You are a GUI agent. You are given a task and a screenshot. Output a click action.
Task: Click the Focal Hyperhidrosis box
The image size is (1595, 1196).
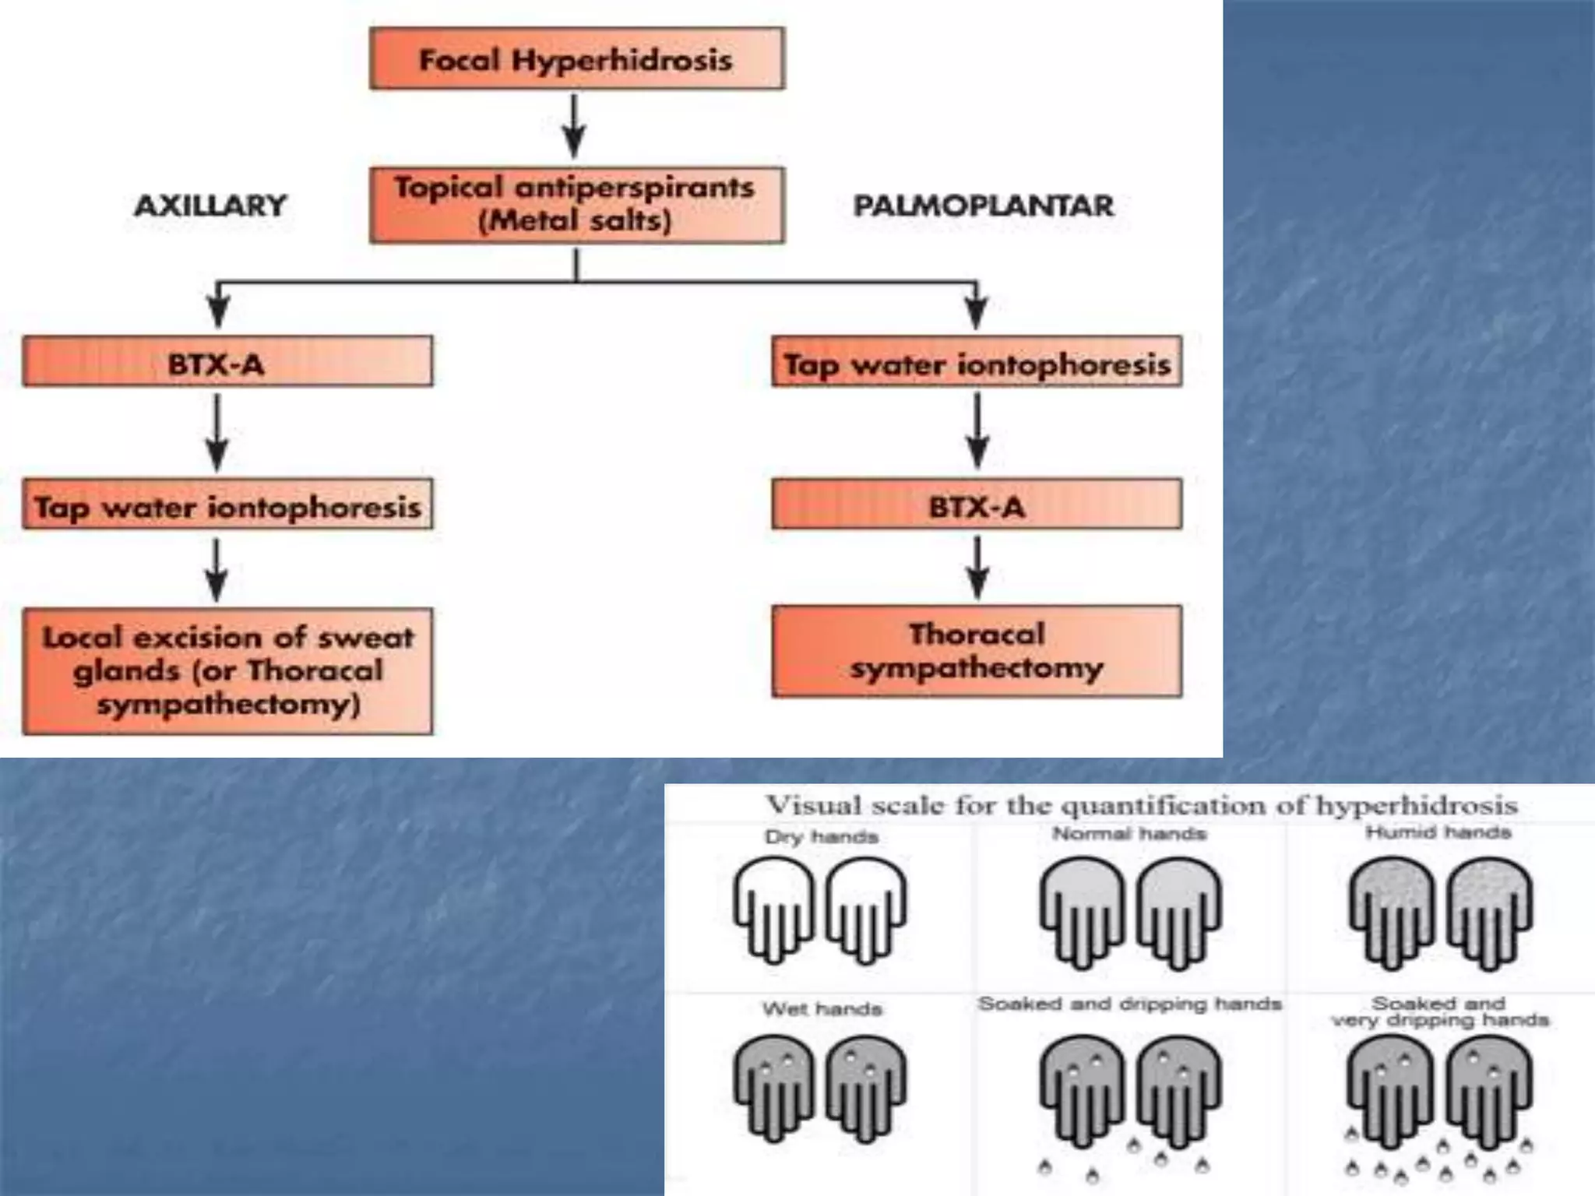point(576,59)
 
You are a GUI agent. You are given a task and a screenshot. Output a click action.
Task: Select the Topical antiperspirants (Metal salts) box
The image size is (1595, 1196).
point(576,205)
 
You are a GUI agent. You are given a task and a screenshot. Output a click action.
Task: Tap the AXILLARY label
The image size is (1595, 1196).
point(210,206)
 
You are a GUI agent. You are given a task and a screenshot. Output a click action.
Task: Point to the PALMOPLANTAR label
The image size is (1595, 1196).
point(983,206)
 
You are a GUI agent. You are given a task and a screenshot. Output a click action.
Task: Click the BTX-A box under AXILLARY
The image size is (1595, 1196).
point(227,362)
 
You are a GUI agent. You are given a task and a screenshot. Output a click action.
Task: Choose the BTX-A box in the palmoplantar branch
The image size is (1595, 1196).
point(977,505)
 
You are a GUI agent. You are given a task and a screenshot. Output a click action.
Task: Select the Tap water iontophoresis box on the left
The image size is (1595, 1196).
point(227,505)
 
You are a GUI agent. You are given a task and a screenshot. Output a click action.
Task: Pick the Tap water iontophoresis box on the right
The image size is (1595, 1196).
point(977,362)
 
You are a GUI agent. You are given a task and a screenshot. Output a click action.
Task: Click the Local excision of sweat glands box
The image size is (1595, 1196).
point(227,671)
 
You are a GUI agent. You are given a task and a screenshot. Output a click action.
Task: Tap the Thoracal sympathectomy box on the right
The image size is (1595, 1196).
point(977,651)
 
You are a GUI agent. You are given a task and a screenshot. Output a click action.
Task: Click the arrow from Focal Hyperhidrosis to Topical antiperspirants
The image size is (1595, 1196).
point(575,126)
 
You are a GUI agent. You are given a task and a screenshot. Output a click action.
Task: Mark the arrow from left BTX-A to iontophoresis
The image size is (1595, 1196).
point(217,432)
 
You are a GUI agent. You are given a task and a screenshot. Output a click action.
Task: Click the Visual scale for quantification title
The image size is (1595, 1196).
point(1142,805)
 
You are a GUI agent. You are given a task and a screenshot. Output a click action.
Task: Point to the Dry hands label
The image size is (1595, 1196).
point(821,837)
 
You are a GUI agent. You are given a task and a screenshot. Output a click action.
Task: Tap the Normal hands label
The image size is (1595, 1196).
point(1128,834)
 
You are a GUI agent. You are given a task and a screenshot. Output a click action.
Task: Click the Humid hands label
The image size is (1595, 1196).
point(1438,832)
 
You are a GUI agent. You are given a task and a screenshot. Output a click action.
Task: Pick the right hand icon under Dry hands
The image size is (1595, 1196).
point(865,909)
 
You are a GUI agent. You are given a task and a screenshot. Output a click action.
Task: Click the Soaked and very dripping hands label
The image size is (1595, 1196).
point(1439,1011)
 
